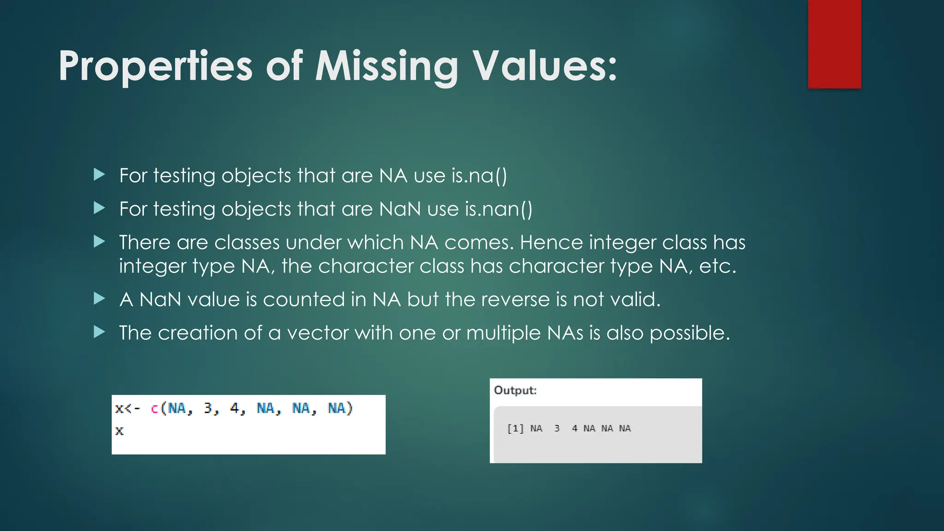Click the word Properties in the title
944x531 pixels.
coord(155,67)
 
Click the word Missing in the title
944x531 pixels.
coord(386,67)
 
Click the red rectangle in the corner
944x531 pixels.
coord(834,44)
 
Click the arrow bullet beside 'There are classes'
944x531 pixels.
coord(99,242)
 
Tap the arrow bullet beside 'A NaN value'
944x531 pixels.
coord(99,299)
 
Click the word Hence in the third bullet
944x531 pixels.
coord(551,242)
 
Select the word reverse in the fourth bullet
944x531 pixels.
coord(515,300)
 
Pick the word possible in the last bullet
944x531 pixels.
coord(689,333)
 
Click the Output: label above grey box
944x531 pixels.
coord(515,390)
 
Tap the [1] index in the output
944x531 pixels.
coord(515,429)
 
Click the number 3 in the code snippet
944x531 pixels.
coord(208,408)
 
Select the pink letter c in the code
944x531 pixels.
coord(154,408)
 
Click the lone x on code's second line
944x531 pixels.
coord(119,431)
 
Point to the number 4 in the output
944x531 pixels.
coord(574,429)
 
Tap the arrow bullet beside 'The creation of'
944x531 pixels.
coord(99,332)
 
